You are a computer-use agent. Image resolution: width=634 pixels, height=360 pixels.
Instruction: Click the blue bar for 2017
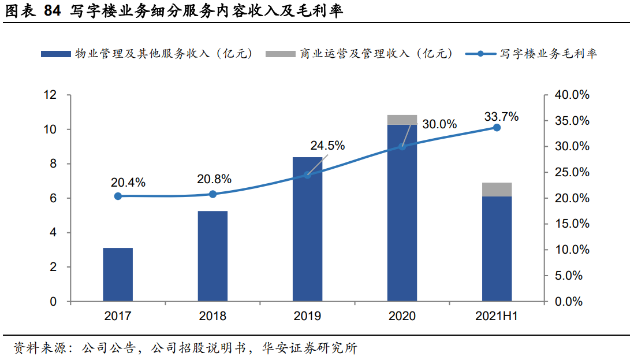click(x=118, y=275)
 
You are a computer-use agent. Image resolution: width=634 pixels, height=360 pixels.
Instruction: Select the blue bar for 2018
click(x=212, y=257)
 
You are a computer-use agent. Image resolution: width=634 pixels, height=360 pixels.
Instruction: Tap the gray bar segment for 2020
click(x=402, y=120)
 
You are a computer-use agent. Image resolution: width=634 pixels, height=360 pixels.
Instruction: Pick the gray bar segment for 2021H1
click(x=497, y=190)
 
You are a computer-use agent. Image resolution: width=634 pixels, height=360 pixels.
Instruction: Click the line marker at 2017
click(x=118, y=196)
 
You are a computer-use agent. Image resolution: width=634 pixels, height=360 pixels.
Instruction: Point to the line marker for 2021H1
click(x=497, y=127)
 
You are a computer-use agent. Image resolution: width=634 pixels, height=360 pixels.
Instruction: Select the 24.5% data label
click(x=327, y=146)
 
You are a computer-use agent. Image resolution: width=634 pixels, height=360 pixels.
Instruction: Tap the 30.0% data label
click(x=439, y=124)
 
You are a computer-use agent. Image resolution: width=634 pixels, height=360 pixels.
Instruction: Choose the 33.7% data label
click(x=501, y=117)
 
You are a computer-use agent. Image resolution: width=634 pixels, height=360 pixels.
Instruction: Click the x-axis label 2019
click(x=307, y=317)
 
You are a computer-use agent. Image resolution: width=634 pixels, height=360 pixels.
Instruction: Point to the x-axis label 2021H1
click(x=497, y=317)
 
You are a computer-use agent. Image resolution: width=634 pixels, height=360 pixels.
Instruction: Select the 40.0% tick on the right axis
click(x=571, y=95)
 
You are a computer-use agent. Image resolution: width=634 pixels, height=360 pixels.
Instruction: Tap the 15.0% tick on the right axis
click(x=571, y=224)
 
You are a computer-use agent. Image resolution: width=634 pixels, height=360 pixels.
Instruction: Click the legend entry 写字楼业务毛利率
click(x=548, y=54)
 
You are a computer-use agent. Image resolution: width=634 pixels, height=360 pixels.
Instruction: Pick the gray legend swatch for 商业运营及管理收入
click(x=280, y=54)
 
